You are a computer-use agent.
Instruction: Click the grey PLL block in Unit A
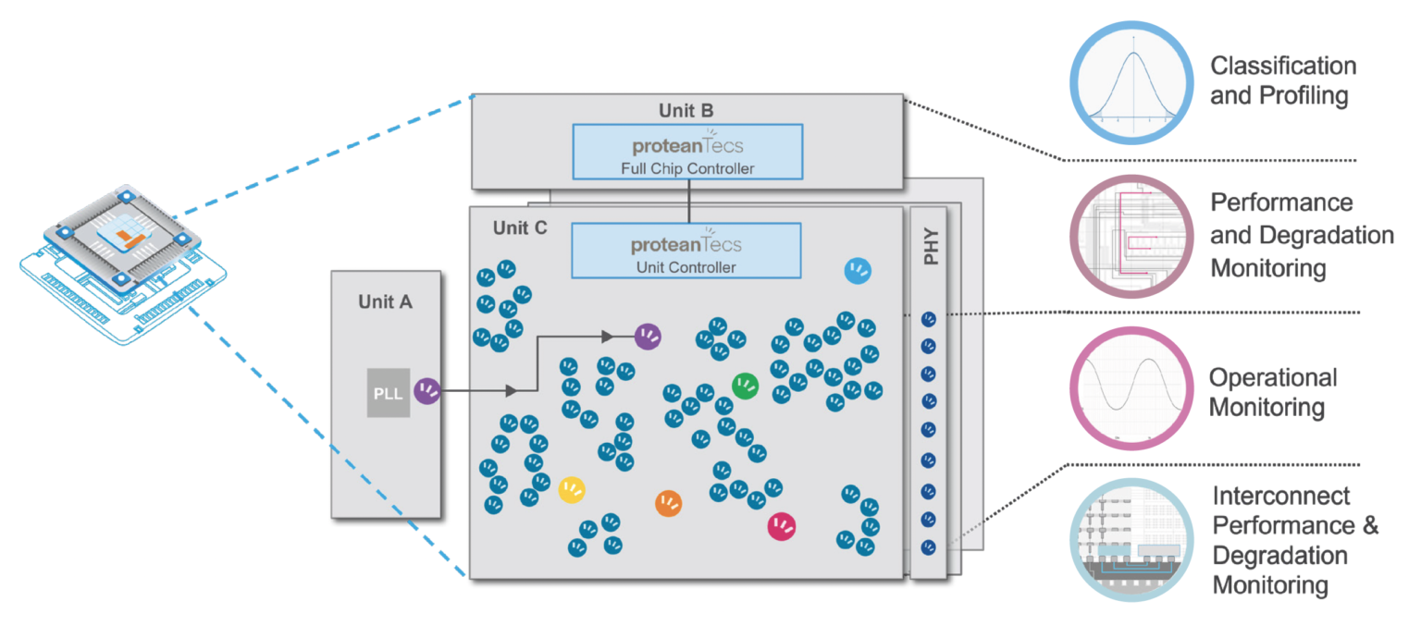[x=389, y=392]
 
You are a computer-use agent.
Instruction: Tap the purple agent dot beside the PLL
[x=427, y=391]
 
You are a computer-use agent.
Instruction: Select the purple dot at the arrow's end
[x=648, y=337]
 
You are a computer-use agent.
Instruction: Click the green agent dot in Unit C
[x=746, y=386]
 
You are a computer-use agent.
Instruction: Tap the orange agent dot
[x=668, y=503]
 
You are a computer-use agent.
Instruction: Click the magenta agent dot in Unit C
[x=782, y=526]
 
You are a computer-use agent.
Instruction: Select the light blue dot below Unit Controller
[x=859, y=270]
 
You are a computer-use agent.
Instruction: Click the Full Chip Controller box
[x=686, y=153]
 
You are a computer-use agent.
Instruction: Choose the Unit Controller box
[x=686, y=251]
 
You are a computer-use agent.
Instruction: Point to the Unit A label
[x=386, y=301]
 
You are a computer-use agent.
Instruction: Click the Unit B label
[x=686, y=110]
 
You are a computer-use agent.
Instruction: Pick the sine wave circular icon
[x=1129, y=389]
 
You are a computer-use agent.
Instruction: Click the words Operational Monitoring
[x=1272, y=392]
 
